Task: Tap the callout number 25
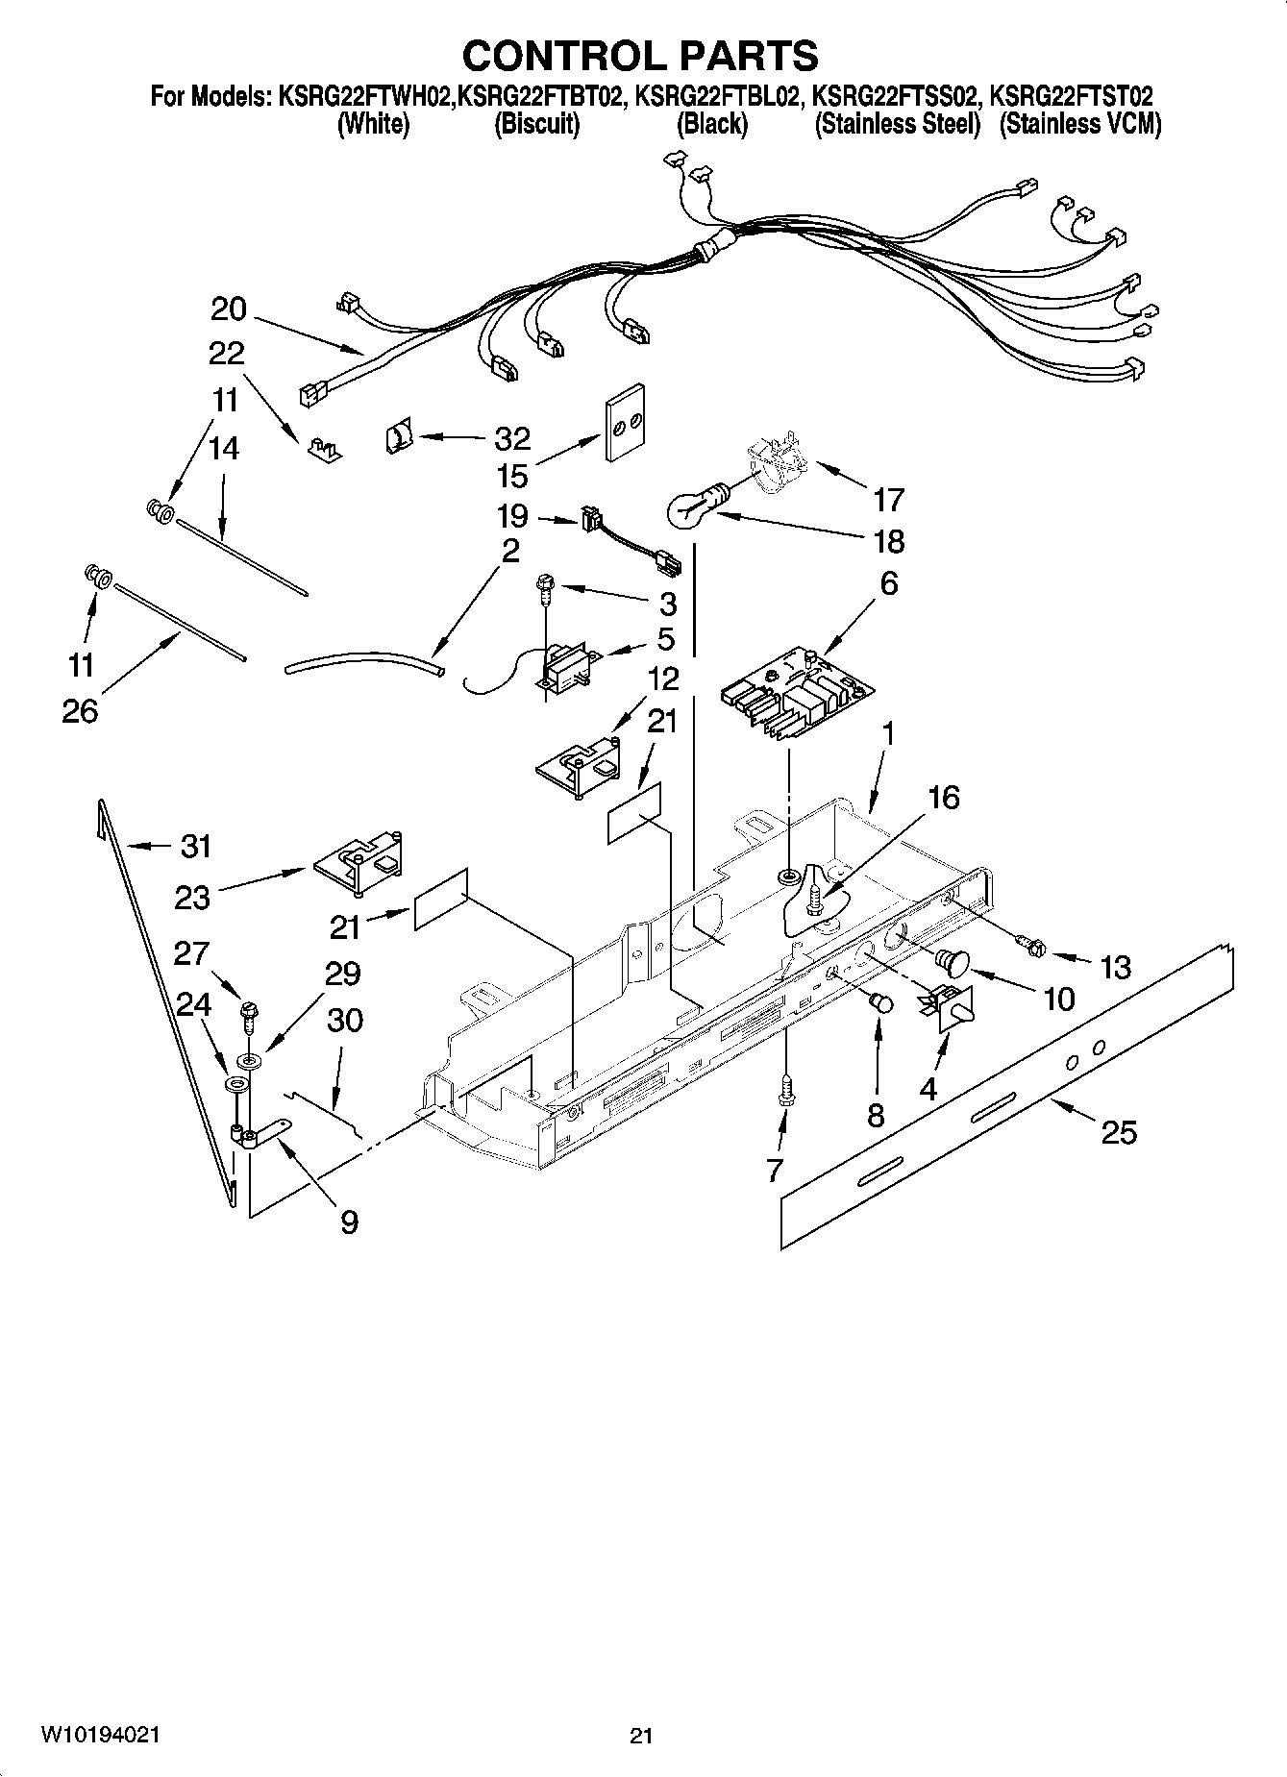click(x=1119, y=1132)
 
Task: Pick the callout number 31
click(x=195, y=846)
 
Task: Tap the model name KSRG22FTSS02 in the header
click(x=896, y=96)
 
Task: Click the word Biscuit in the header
click(x=536, y=124)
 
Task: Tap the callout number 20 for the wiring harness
click(x=229, y=309)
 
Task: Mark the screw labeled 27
click(x=247, y=1013)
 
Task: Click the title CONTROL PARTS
click(x=640, y=56)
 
